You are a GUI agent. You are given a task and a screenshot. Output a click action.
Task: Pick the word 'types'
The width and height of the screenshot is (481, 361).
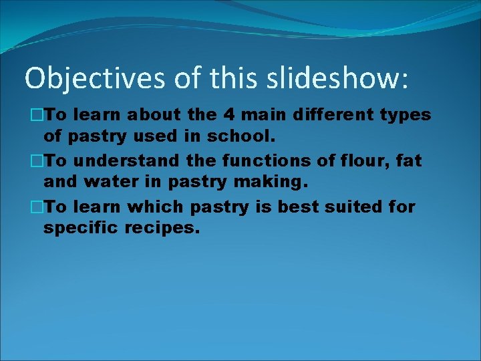pyautogui.click(x=406, y=116)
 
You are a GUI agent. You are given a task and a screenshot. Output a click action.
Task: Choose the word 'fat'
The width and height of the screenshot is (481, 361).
pyautogui.click(x=410, y=161)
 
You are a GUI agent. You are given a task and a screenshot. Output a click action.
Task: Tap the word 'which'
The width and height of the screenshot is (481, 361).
pyautogui.click(x=155, y=207)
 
